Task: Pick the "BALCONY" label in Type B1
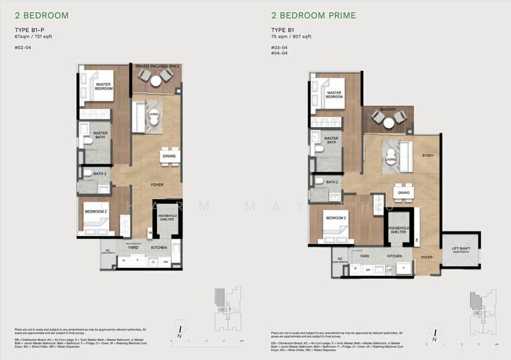388,110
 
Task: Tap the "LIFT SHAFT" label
461,249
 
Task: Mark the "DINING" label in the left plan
169,156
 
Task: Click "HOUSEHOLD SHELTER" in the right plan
399,230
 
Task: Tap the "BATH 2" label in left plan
100,174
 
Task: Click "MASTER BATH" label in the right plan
331,140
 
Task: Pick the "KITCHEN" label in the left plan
158,246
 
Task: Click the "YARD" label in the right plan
365,256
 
